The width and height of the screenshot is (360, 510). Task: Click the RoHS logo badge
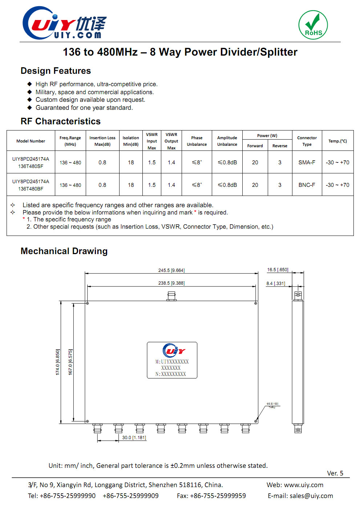pos(313,25)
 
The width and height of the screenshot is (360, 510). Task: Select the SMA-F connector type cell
pos(307,162)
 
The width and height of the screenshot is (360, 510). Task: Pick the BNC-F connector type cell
pos(307,185)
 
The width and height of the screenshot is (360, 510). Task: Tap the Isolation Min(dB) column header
pos(131,141)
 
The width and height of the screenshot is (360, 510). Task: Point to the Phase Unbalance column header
pos(197,141)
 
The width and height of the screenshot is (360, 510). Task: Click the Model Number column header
pos(31,141)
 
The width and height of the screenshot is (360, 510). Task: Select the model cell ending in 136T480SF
pos(31,162)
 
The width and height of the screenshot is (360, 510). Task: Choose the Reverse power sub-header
pos(280,146)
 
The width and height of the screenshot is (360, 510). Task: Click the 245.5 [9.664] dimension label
pos(171,270)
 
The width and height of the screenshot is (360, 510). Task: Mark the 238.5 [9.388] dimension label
pos(171,283)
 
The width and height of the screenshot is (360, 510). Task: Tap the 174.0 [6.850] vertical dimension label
pos(57,362)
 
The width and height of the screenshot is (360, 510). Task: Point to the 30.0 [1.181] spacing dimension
pos(134,438)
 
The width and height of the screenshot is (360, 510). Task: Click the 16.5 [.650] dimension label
pos(278,270)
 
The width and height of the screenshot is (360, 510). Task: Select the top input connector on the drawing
pos(171,297)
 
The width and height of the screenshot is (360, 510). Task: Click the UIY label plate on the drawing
pos(172,360)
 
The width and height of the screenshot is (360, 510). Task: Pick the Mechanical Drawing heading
pos(64,251)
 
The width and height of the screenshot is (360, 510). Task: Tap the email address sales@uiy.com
pos(311,496)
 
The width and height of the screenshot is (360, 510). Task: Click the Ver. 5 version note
pos(335,473)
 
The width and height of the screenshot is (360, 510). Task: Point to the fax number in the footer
pos(211,496)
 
